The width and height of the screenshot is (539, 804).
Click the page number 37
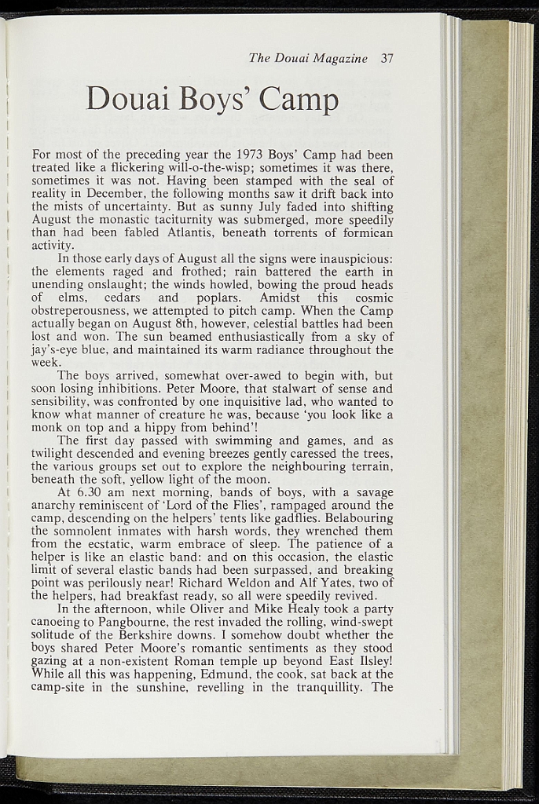pyautogui.click(x=386, y=58)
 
